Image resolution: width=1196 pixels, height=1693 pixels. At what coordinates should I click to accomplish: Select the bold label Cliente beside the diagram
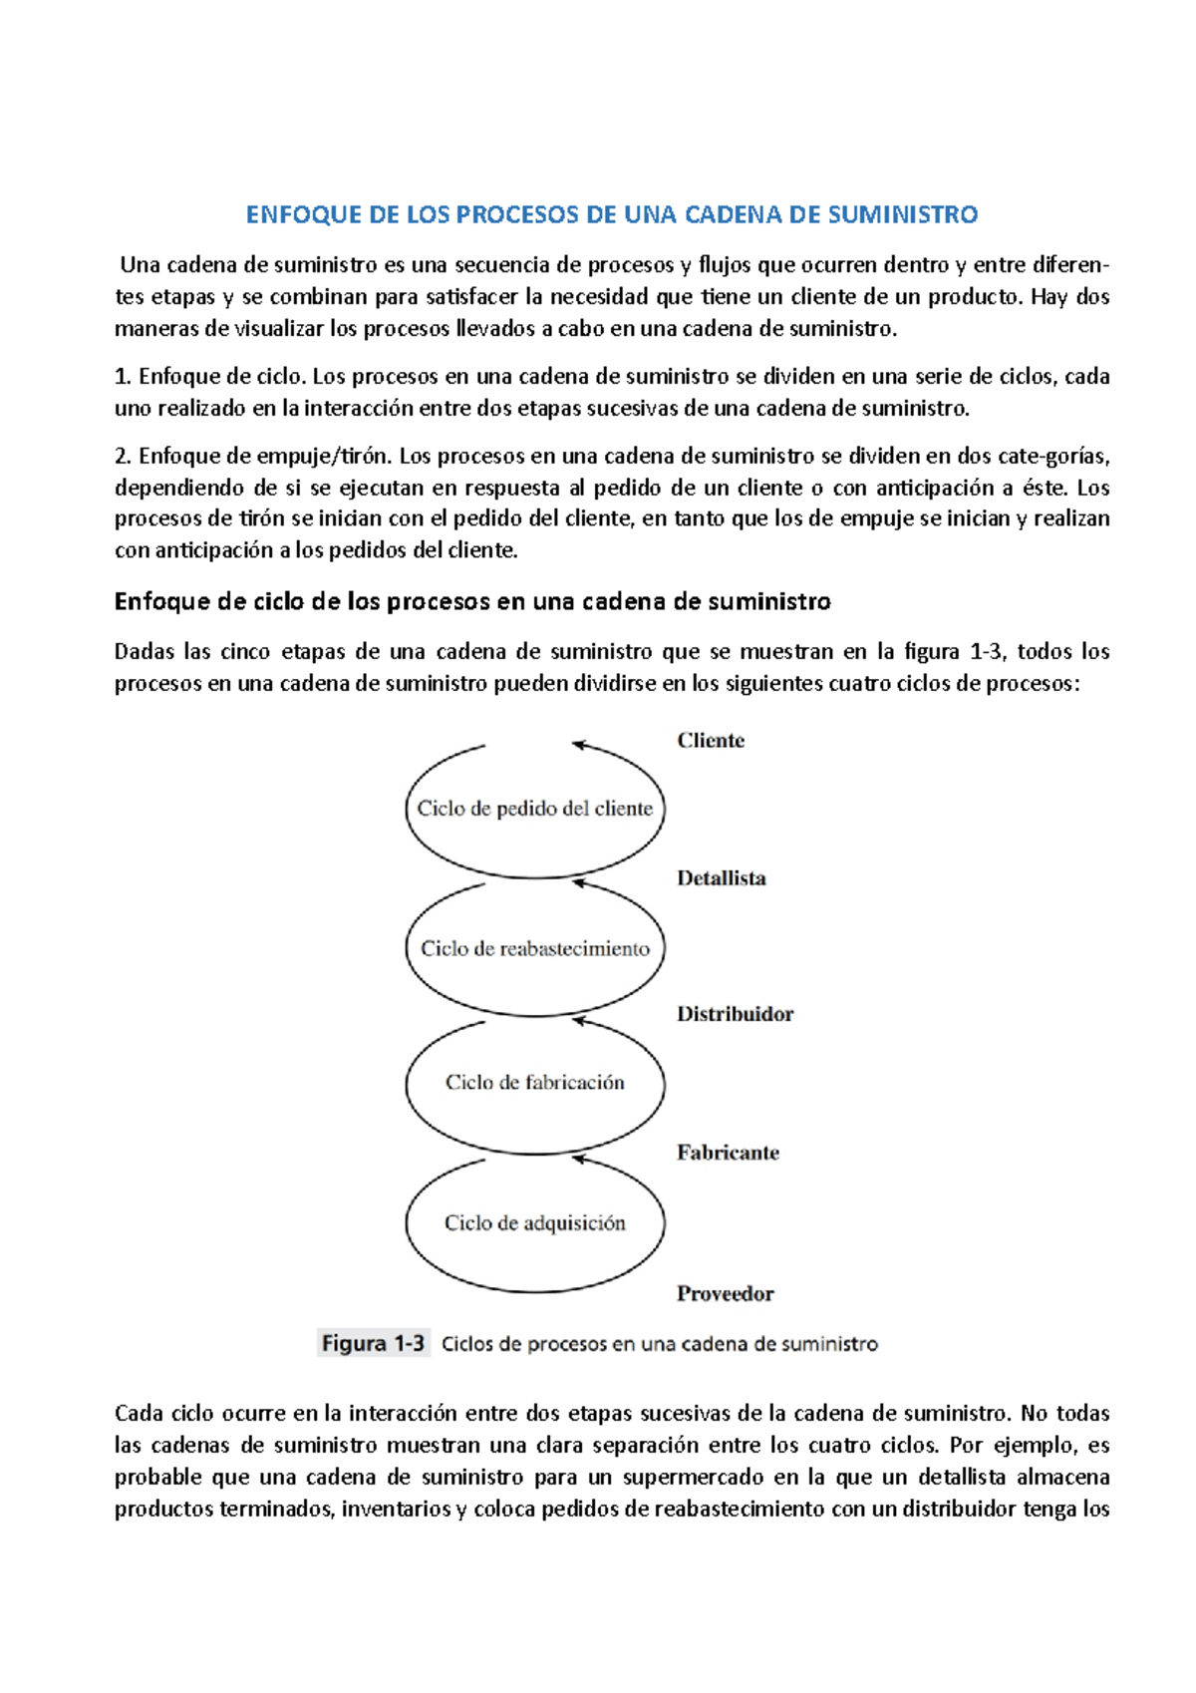[711, 741]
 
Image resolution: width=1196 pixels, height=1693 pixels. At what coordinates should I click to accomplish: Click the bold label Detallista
[722, 878]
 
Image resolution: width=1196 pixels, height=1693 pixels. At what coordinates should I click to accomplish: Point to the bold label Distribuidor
[735, 1014]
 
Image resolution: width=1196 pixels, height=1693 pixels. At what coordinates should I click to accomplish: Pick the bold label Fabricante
[728, 1153]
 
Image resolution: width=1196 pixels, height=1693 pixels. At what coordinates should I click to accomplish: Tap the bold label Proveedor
[725, 1294]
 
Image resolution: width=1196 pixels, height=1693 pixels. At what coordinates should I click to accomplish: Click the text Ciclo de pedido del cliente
[534, 809]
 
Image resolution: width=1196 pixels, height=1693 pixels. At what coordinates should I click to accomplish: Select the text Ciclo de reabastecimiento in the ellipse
[534, 948]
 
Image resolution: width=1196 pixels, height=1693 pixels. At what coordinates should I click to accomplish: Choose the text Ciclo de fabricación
[534, 1083]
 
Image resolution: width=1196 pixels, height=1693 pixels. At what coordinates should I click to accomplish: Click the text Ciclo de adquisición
[534, 1223]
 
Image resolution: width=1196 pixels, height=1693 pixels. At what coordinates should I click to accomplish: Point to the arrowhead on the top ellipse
[579, 744]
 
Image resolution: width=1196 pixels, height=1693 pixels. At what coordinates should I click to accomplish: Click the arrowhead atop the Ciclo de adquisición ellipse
[579, 1158]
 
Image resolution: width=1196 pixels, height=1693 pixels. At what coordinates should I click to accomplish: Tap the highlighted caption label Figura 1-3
[373, 1344]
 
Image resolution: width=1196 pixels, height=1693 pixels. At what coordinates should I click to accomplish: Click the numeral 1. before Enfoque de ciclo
[123, 377]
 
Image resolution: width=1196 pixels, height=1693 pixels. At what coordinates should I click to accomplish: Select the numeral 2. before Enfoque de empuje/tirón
[123, 457]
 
